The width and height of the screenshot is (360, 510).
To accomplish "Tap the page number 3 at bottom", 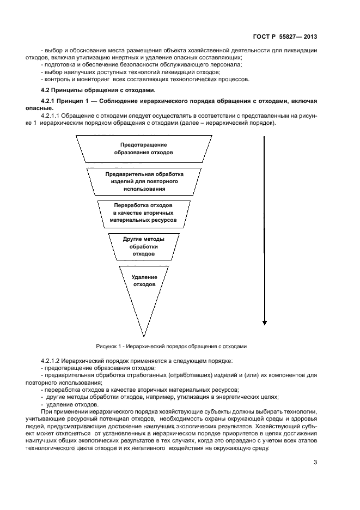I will pyautogui.click(x=315, y=463).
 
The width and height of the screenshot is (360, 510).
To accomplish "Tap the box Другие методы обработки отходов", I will pyautogui.click(x=144, y=246).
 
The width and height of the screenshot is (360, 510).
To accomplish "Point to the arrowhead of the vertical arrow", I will pyautogui.click(x=264, y=322).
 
